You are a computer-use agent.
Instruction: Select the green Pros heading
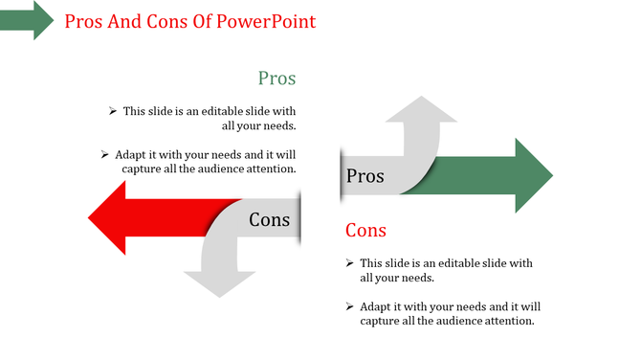276,79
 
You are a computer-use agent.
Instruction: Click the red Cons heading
365,231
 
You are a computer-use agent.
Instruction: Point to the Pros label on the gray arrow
365,176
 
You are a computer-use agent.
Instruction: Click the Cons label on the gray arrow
269,220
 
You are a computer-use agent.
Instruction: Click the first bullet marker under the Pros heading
113,111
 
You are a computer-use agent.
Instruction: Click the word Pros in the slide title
84,21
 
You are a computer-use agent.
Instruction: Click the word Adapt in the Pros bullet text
132,154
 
